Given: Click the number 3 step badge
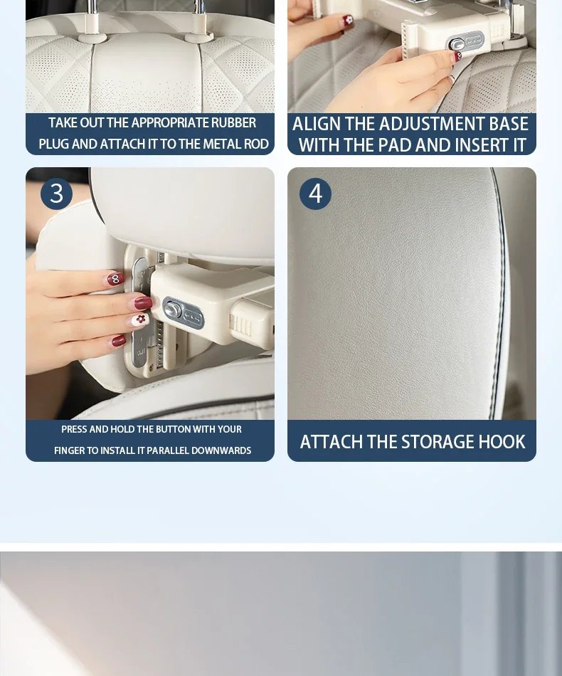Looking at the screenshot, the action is [56, 194].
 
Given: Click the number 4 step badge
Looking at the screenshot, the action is [315, 194].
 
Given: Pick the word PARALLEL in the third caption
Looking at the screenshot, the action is [168, 450].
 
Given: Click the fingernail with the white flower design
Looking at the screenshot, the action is [141, 319].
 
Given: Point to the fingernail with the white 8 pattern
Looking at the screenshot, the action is [115, 279].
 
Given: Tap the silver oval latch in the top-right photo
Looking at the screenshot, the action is [466, 42].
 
